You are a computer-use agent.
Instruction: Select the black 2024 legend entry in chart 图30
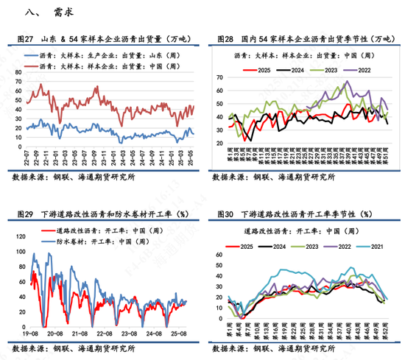pyautogui.click(x=279, y=244)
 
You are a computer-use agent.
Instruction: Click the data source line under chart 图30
pyautogui.click(x=272, y=348)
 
